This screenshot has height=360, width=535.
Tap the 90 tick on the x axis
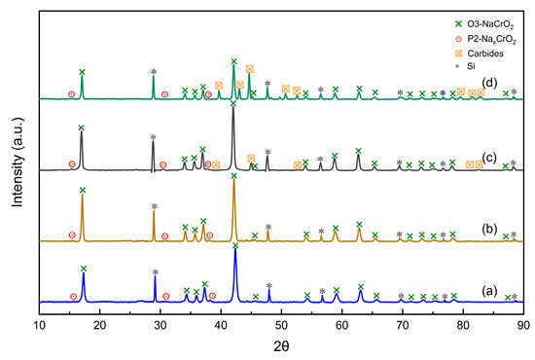(x=524, y=327)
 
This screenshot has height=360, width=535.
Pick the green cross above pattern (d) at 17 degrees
(x=82, y=72)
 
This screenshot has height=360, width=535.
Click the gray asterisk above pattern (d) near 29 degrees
(x=154, y=72)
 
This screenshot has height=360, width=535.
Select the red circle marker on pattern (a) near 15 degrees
(x=73, y=296)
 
